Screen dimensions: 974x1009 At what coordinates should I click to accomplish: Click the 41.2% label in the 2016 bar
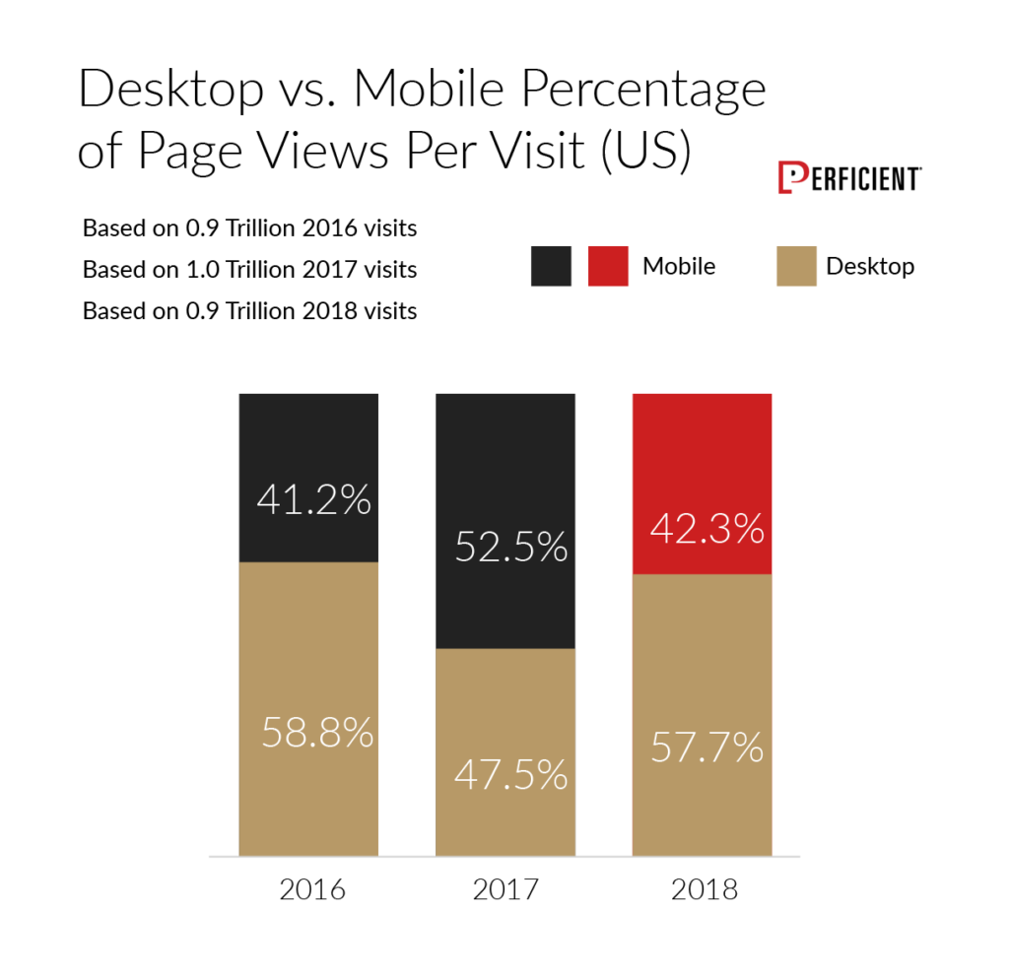pyautogui.click(x=313, y=500)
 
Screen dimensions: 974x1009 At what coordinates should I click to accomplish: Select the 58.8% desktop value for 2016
pyautogui.click(x=317, y=732)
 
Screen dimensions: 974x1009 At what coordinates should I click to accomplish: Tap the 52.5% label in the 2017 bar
pyautogui.click(x=511, y=547)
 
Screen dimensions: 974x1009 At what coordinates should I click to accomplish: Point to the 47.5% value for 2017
pyautogui.click(x=511, y=774)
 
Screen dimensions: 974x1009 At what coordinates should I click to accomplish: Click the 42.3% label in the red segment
pyautogui.click(x=707, y=529)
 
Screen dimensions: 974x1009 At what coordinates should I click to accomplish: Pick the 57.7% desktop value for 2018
pyautogui.click(x=707, y=747)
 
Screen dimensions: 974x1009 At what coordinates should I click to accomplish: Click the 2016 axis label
pyautogui.click(x=311, y=889)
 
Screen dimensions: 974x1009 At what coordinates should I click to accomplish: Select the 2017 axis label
pyautogui.click(x=506, y=889)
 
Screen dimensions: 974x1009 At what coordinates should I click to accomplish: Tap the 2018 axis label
pyautogui.click(x=704, y=889)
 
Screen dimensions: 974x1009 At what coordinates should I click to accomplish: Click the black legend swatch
pyautogui.click(x=551, y=266)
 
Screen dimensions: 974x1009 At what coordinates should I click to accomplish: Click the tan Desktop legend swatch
pyautogui.click(x=796, y=266)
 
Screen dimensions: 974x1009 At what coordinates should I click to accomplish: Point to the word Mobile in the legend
pyautogui.click(x=679, y=266)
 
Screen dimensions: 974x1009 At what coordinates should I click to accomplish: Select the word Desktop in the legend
pyautogui.click(x=869, y=266)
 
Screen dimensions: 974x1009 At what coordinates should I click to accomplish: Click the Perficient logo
pyautogui.click(x=848, y=178)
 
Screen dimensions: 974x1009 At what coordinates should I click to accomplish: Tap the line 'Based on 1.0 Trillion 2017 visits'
pyautogui.click(x=249, y=270)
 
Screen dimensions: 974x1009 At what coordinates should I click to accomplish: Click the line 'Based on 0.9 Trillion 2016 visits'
pyautogui.click(x=249, y=228)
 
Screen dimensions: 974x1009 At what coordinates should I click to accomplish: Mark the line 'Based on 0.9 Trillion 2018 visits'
pyautogui.click(x=249, y=311)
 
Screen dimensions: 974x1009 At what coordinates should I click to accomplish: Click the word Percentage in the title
pyautogui.click(x=643, y=91)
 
